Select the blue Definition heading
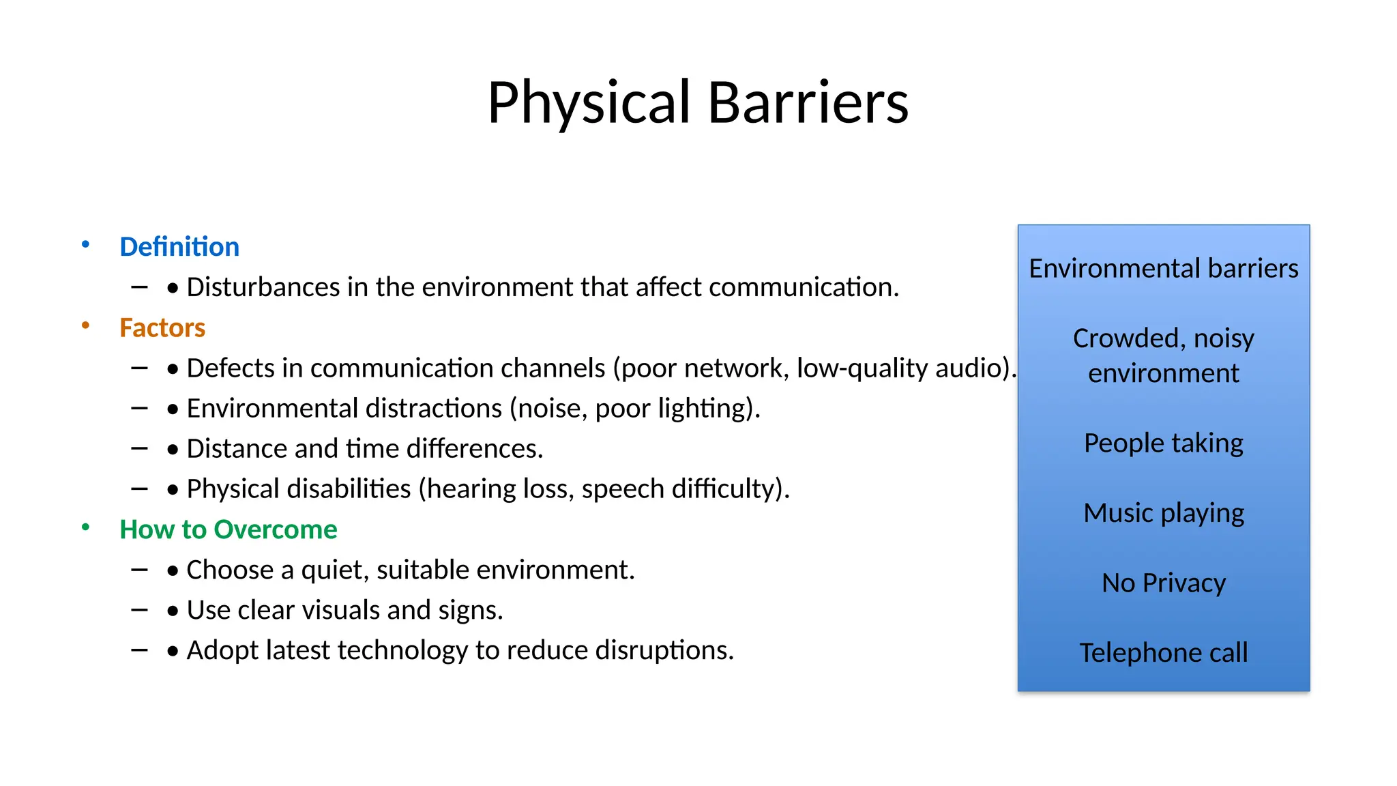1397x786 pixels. (x=179, y=246)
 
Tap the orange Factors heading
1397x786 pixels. (x=162, y=327)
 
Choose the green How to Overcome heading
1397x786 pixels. (x=228, y=529)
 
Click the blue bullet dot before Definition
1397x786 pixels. (x=85, y=244)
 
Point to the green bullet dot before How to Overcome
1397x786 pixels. (x=85, y=527)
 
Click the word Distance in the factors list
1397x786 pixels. (x=237, y=449)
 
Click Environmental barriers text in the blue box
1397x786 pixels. (x=1164, y=268)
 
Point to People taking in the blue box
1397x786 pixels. (x=1164, y=443)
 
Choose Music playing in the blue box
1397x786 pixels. (x=1164, y=513)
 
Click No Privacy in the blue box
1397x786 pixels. (x=1164, y=583)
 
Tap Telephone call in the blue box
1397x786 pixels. (x=1164, y=653)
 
